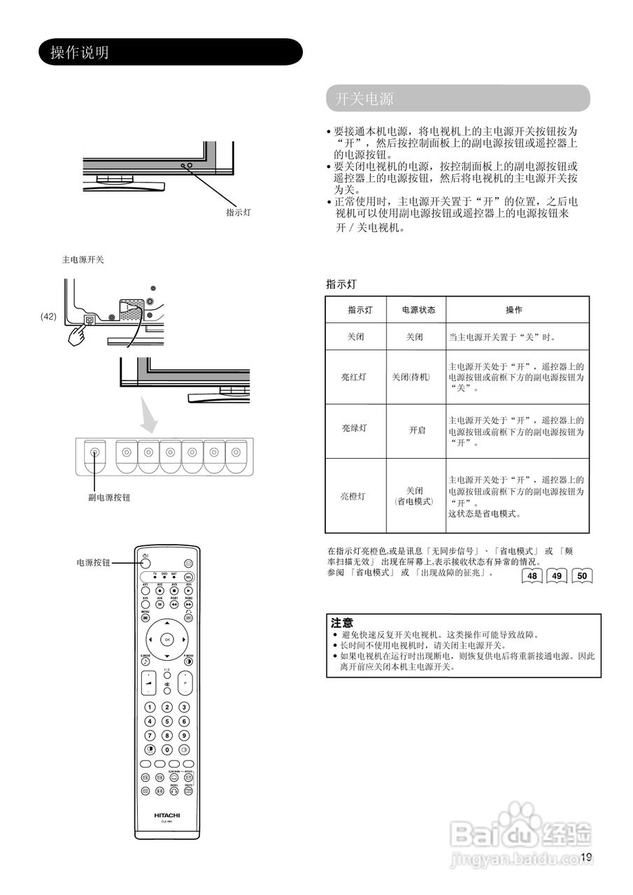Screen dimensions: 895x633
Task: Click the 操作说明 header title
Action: tap(80, 52)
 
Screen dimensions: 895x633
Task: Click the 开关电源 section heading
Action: tap(364, 99)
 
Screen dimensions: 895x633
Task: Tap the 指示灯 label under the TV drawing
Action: tap(238, 212)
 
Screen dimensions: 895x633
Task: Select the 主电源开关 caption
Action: tap(83, 259)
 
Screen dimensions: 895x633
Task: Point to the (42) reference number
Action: tap(48, 316)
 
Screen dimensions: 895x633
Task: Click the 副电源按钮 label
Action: tap(108, 497)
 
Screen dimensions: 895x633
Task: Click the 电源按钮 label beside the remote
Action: tap(93, 562)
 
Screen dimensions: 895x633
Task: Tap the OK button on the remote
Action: tap(167, 639)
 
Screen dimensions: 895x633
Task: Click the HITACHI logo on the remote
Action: tap(167, 815)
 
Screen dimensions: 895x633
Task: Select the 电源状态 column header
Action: tap(418, 310)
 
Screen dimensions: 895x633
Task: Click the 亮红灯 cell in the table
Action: tap(354, 377)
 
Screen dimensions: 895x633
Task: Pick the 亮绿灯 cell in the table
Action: tap(354, 429)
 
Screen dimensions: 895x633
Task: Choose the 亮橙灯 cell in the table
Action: tap(353, 496)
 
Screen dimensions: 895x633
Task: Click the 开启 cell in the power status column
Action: tap(417, 430)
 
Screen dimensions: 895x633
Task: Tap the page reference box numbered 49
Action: tap(557, 576)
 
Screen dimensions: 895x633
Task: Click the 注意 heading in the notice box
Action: tap(342, 622)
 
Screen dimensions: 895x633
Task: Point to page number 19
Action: tap(585, 858)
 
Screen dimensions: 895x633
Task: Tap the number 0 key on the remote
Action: tap(167, 750)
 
